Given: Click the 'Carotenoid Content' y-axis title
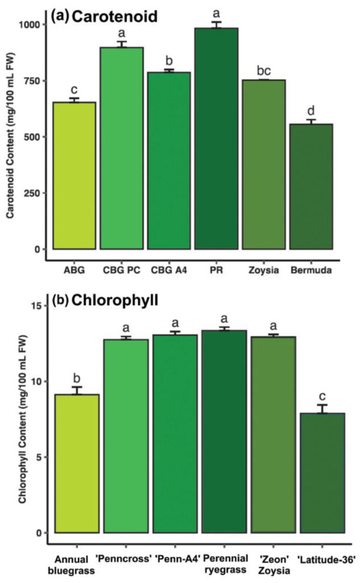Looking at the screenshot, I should click(x=10, y=137).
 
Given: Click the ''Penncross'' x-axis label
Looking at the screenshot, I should click(x=122, y=560).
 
